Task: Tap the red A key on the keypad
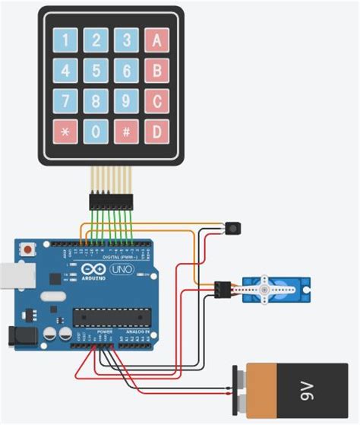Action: tap(156, 40)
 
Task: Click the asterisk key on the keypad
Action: tap(65, 132)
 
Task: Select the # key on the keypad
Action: tap(126, 132)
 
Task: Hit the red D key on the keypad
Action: tap(156, 132)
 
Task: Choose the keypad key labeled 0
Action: tap(96, 132)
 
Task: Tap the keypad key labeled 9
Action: tap(126, 101)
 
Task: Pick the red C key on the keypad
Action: tap(156, 101)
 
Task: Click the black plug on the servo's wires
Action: tap(222, 289)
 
